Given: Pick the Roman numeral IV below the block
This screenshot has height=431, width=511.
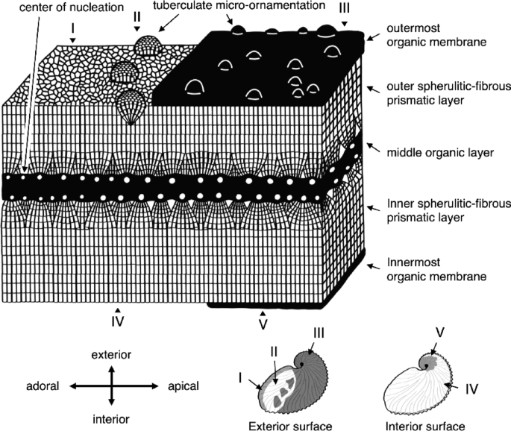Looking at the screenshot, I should [117, 322].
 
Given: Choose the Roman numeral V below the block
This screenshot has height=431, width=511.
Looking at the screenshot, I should [263, 325].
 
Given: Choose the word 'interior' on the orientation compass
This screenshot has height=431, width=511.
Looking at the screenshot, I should [112, 418].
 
